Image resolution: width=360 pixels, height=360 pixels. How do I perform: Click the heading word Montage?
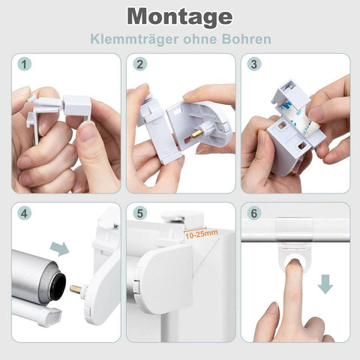point(180,17)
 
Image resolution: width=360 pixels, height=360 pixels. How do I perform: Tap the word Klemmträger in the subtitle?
point(134,39)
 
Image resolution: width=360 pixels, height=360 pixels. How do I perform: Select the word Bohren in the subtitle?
point(246,39)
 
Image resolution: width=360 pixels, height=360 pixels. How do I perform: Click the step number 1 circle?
point(24,64)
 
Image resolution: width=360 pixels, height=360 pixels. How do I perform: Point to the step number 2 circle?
point(140,64)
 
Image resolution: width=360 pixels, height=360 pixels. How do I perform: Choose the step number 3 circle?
point(254,64)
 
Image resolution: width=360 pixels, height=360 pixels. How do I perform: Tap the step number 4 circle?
point(24,214)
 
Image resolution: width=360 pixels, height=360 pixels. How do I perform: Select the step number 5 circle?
point(140,214)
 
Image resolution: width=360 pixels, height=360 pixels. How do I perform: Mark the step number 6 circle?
point(254,214)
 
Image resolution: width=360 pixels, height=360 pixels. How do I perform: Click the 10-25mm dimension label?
point(202,235)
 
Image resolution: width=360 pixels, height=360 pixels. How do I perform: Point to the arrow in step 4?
point(59,249)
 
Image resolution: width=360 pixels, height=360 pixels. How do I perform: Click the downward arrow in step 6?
point(325,284)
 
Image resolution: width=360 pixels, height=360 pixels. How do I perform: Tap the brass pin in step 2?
point(197,133)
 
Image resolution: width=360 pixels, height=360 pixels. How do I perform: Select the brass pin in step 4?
point(76,289)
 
